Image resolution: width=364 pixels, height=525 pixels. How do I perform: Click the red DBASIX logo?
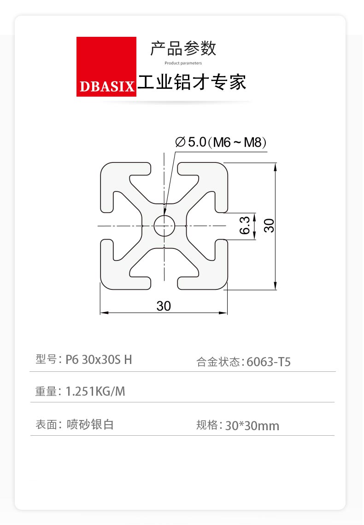coord(106,67)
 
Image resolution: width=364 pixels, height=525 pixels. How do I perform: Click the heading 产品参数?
coord(183,49)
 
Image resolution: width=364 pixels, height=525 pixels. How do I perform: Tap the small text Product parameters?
coord(183,63)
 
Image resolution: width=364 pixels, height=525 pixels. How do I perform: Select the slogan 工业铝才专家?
coord(192,82)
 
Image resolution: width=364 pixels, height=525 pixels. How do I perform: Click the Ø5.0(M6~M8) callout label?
coord(221,142)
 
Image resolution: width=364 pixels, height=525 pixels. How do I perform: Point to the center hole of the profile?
coord(164,225)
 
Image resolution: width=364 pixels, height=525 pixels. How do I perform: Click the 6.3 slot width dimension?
coord(245,225)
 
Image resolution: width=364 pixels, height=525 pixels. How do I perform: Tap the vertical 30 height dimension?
coord(269,225)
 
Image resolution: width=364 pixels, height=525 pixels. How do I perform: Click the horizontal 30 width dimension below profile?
coord(164,306)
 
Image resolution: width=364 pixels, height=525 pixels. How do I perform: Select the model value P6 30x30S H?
coord(99,360)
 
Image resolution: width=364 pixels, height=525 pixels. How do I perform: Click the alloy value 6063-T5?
coord(269,362)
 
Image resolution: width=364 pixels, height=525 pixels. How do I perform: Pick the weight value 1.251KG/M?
coord(95,392)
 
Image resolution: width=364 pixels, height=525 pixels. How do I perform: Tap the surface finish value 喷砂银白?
coord(90,424)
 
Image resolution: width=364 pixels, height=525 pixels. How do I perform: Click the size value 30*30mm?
coord(252,426)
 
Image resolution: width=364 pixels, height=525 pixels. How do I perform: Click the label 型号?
coord(46,359)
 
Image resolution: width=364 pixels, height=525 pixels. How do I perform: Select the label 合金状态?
coord(218,362)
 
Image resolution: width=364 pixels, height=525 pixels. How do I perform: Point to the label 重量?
coord(46,392)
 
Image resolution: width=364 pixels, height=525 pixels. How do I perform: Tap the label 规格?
coord(207,425)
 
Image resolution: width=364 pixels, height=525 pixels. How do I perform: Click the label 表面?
coord(46,424)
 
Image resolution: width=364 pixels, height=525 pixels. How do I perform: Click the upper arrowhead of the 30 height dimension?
coord(275,167)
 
